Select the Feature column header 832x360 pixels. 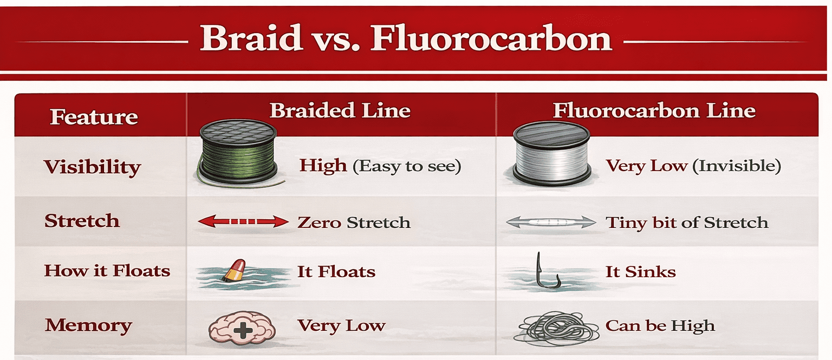click(x=94, y=117)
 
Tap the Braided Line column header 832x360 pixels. click(x=340, y=110)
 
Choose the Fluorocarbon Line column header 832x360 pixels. click(x=654, y=110)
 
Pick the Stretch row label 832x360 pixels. click(x=82, y=221)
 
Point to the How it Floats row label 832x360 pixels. click(x=107, y=270)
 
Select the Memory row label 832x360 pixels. click(x=88, y=325)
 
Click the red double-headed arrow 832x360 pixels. click(x=243, y=221)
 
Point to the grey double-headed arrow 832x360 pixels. click(x=550, y=222)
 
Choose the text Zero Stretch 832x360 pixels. click(x=353, y=222)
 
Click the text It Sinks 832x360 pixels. click(x=640, y=271)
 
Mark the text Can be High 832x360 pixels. click(x=660, y=326)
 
